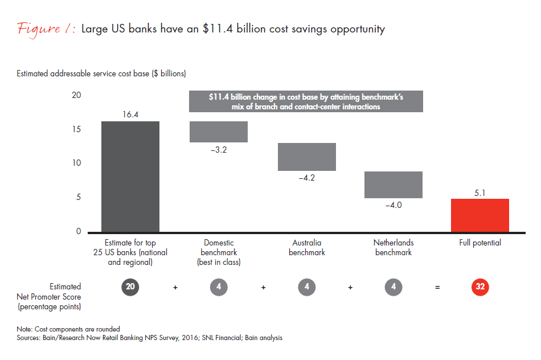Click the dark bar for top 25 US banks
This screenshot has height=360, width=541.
[x=130, y=177]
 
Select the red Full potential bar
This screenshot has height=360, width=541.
[x=479, y=215]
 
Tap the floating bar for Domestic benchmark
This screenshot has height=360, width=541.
[x=219, y=132]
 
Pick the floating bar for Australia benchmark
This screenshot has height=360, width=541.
[x=306, y=157]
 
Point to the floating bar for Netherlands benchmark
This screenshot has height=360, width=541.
[x=393, y=185]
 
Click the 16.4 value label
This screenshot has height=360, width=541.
[x=130, y=114]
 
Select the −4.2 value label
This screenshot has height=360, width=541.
[x=306, y=178]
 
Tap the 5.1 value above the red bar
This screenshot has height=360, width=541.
[x=479, y=192]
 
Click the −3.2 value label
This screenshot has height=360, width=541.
[x=219, y=150]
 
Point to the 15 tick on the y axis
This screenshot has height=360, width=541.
[x=76, y=129]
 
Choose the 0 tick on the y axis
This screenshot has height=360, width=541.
[x=79, y=232]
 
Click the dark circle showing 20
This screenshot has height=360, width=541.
[x=130, y=287]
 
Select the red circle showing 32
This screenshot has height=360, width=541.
[x=480, y=287]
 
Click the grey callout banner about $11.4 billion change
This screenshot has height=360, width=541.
[x=306, y=101]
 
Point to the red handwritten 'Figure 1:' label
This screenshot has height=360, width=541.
[x=47, y=29]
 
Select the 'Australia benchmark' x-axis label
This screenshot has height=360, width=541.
[x=306, y=247]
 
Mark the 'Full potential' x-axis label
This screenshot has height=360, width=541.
[x=480, y=243]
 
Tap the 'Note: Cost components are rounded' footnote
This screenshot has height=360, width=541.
[x=68, y=329]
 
